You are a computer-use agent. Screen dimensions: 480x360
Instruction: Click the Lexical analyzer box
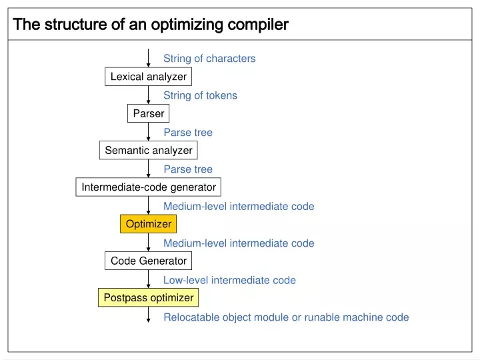click(149, 77)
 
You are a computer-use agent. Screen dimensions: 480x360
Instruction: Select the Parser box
click(149, 113)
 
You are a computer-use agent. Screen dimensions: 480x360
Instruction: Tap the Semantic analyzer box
click(149, 150)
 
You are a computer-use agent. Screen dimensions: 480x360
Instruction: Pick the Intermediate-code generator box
click(149, 187)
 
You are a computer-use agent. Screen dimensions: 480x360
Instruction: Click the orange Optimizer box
click(149, 224)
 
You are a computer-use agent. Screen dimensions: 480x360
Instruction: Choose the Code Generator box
click(149, 261)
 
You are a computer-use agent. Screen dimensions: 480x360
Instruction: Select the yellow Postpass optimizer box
click(149, 297)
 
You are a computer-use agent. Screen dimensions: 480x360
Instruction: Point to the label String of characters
click(209, 59)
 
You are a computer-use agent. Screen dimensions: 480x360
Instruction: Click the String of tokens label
click(200, 95)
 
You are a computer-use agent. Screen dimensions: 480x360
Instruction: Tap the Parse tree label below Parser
click(188, 132)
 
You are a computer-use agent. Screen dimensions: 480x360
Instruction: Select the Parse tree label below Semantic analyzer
click(188, 169)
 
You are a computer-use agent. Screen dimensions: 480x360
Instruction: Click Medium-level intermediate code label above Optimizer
click(239, 206)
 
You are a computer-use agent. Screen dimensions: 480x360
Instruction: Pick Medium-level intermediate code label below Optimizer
click(239, 243)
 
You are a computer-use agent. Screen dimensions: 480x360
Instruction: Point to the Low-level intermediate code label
click(229, 280)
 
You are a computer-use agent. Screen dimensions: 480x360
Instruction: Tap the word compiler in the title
click(257, 25)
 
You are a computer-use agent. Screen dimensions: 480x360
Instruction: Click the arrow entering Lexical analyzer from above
click(149, 58)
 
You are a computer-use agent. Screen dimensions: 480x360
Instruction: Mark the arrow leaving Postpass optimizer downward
click(149, 315)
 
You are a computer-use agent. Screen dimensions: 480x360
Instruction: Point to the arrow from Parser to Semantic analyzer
click(149, 131)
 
